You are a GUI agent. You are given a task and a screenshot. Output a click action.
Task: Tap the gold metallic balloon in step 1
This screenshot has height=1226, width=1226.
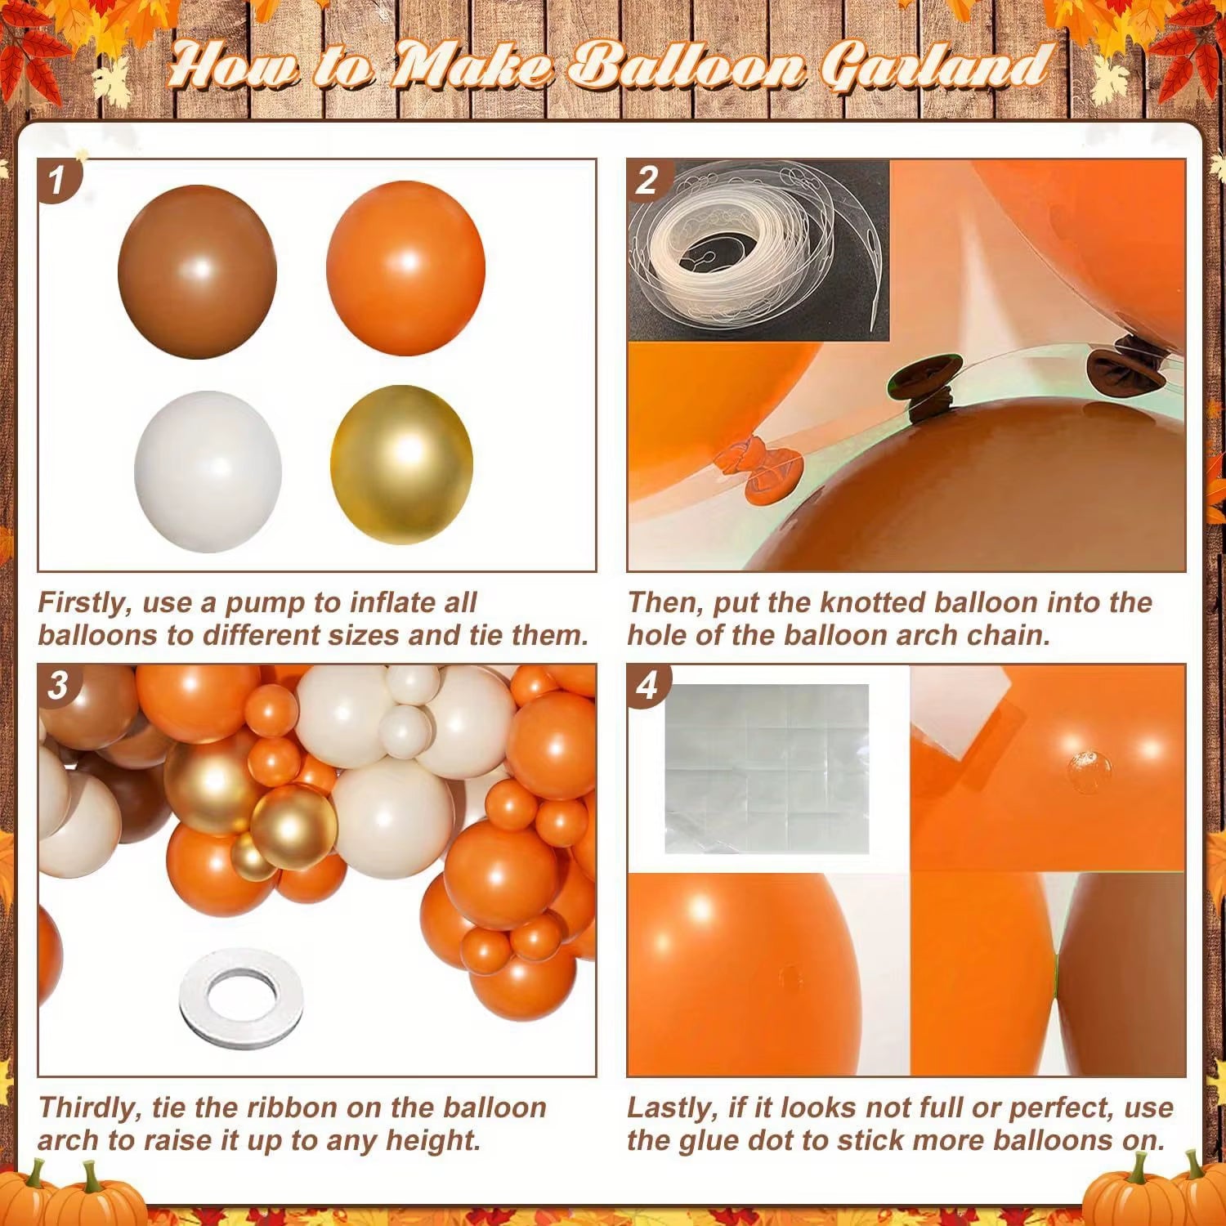pos(401,463)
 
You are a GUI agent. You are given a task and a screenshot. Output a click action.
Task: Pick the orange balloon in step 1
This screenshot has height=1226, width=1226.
pos(405,267)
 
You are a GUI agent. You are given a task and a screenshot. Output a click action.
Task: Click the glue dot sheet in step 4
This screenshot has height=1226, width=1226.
pos(766,768)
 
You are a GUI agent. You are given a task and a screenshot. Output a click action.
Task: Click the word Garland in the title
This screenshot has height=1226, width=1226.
pos(933,65)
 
